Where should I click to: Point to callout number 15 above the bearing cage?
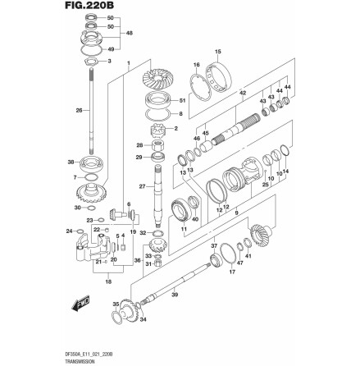pyautogui.click(x=217, y=51)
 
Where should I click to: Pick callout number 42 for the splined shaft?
pyautogui.click(x=243, y=94)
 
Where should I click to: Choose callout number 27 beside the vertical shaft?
pyautogui.click(x=141, y=187)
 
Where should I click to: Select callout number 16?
pyautogui.click(x=197, y=63)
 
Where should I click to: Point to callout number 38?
pyautogui.click(x=71, y=162)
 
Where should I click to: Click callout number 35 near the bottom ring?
pyautogui.click(x=115, y=303)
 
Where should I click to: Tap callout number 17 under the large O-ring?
pyautogui.click(x=232, y=271)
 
